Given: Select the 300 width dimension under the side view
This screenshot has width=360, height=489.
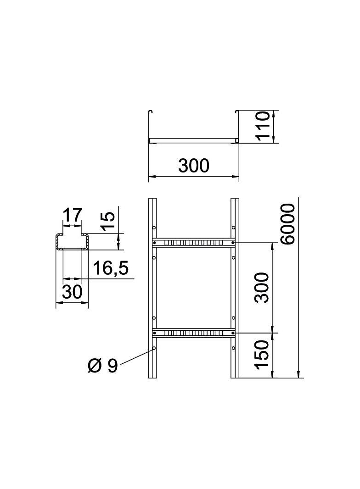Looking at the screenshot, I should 193,166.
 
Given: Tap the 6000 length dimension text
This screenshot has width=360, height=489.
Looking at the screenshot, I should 288,224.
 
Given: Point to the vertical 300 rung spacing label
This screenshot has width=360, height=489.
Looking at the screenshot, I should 262,287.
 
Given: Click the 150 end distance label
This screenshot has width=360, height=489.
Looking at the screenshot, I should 262,355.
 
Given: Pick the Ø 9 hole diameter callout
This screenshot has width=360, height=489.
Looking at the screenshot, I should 102,366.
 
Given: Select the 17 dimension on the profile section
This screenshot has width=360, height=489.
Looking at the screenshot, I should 72,215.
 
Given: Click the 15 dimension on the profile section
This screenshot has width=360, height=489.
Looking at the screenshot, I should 106,222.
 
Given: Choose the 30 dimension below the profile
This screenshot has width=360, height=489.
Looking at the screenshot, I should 72,292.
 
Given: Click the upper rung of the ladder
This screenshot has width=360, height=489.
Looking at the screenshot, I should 193,242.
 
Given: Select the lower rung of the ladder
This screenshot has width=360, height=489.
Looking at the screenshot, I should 193,332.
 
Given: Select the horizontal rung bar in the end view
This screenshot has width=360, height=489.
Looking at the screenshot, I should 193,140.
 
